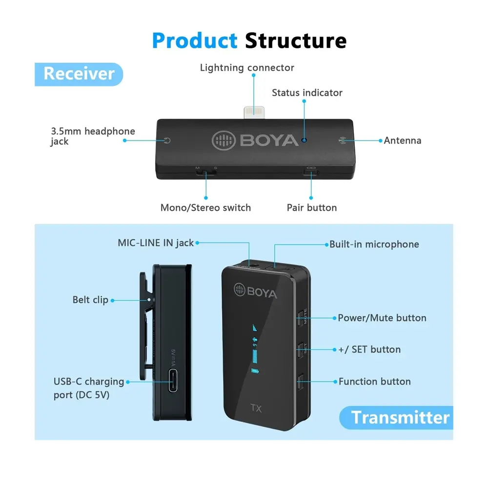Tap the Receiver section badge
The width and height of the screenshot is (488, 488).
click(x=79, y=74)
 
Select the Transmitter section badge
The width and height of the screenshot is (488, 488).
click(x=400, y=417)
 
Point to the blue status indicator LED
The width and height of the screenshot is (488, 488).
click(x=305, y=140)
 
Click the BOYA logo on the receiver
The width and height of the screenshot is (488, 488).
click(x=255, y=141)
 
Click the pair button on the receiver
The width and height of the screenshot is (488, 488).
click(x=311, y=171)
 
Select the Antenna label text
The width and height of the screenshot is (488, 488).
click(x=402, y=141)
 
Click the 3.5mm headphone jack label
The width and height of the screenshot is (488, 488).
click(x=93, y=136)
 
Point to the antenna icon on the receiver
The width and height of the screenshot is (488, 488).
click(x=342, y=141)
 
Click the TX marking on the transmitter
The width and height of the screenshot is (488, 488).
click(x=257, y=408)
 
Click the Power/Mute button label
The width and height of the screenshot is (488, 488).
click(x=382, y=318)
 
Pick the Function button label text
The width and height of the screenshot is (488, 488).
click(x=374, y=382)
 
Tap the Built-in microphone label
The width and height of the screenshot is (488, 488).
click(x=374, y=244)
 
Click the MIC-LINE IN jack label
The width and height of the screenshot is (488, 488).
click(x=156, y=243)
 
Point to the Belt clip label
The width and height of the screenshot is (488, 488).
click(x=90, y=300)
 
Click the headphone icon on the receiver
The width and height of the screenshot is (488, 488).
click(x=168, y=141)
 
